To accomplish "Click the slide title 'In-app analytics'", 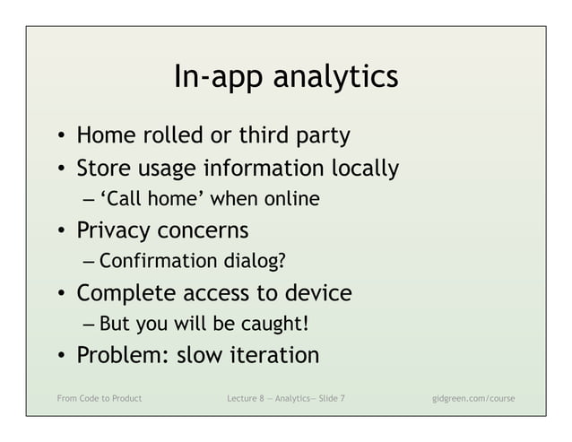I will click(285, 77).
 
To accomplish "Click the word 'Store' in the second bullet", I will click(104, 168).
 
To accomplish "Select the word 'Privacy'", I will click(114, 230).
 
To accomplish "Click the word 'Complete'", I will click(126, 293).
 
